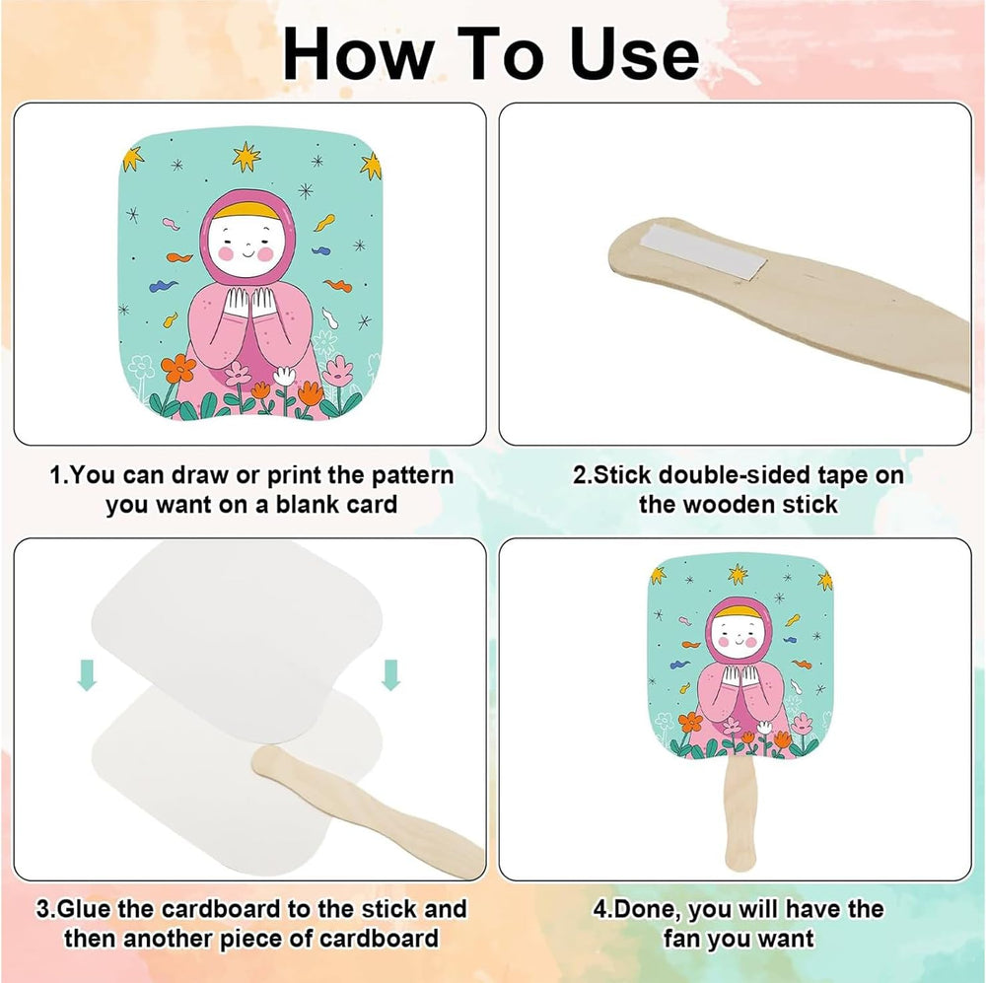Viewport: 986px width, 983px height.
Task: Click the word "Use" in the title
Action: [x=635, y=54]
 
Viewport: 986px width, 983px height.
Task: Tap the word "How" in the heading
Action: [x=357, y=54]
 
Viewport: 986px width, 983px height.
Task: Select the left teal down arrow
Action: [x=87, y=674]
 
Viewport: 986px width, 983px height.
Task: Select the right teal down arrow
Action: [x=391, y=674]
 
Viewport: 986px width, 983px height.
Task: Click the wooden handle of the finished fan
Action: [x=739, y=813]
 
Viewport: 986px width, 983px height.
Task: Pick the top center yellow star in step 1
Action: [x=246, y=157]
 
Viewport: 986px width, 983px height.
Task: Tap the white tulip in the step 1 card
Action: [x=285, y=376]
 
